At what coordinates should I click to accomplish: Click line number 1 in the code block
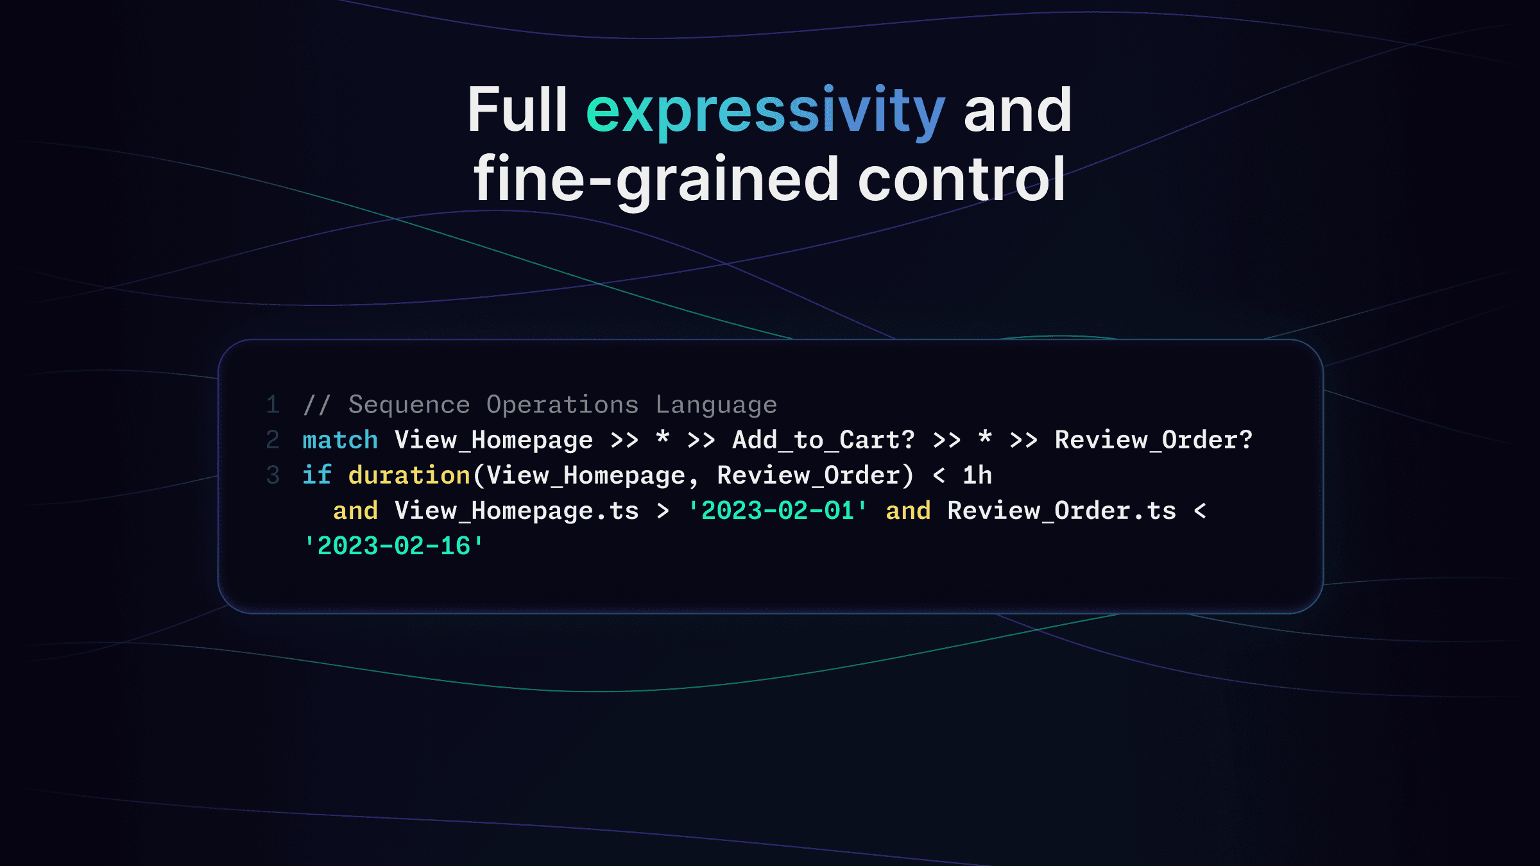[x=273, y=404]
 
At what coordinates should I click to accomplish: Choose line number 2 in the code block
[x=273, y=439]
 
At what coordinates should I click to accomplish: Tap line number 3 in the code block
[x=273, y=475]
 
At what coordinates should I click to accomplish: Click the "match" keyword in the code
[x=340, y=439]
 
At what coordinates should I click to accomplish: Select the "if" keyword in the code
[x=317, y=475]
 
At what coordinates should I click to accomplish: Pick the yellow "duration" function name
[x=409, y=475]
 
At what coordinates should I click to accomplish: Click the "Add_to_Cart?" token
[x=824, y=440]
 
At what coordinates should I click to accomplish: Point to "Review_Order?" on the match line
[x=1154, y=440]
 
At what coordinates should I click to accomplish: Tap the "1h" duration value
[x=977, y=475]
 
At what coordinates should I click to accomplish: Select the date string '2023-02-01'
[x=777, y=511]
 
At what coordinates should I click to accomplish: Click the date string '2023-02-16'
[x=393, y=546]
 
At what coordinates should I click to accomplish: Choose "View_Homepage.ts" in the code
[x=517, y=511]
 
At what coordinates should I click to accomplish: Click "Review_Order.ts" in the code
[x=1062, y=511]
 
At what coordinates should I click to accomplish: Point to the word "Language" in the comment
[x=716, y=405]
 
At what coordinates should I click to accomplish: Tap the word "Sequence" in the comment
[x=409, y=405]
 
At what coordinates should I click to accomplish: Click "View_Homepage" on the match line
[x=493, y=441]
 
